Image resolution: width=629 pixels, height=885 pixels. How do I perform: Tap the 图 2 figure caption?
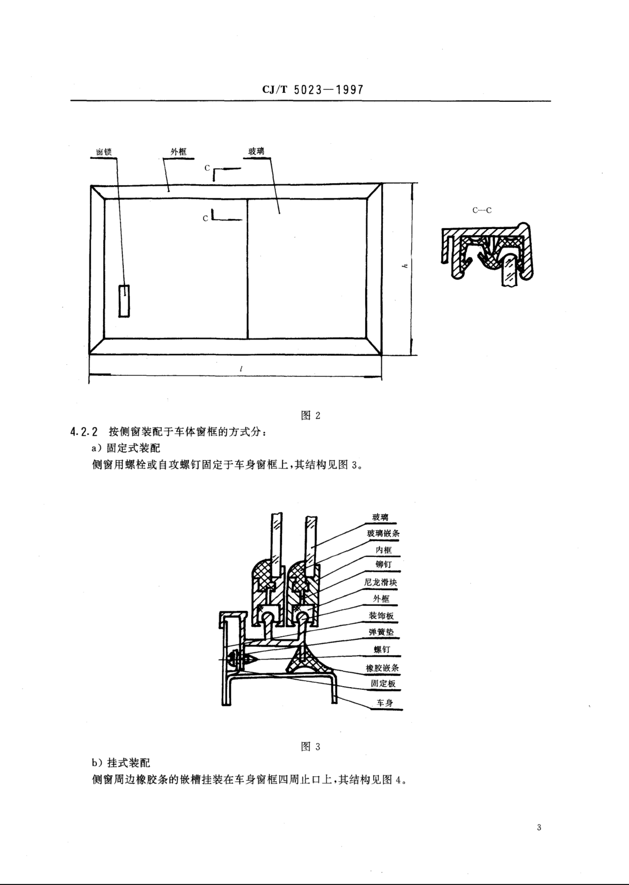(x=311, y=416)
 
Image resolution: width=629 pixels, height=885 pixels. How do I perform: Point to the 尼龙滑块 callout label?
(x=381, y=582)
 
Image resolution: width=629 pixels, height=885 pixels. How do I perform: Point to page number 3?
(x=539, y=828)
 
